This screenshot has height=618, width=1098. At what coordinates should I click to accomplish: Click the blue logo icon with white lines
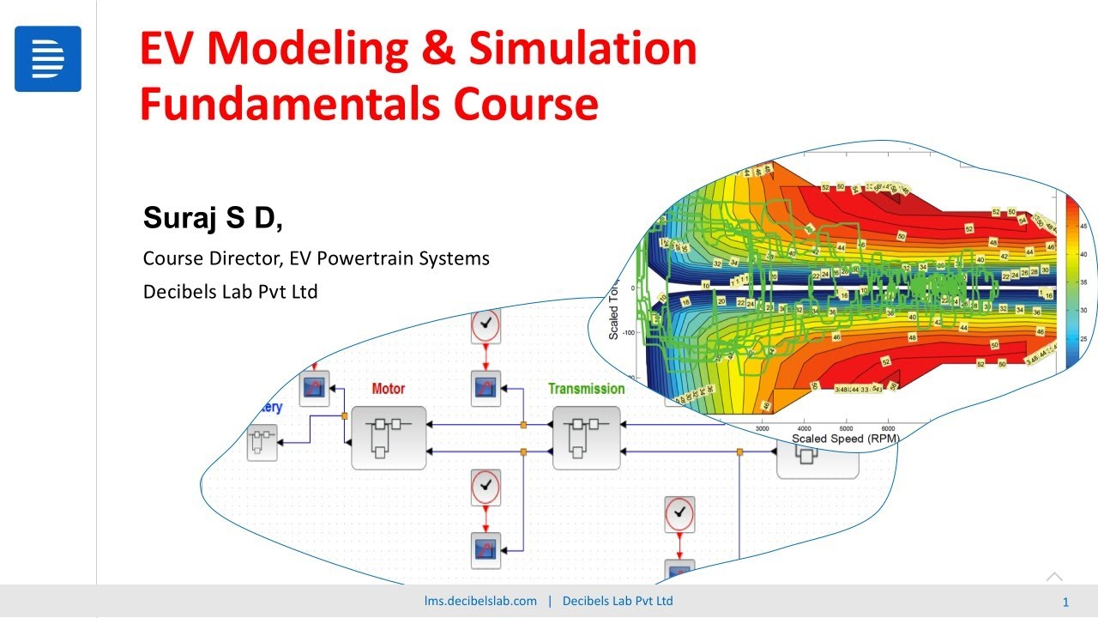pyautogui.click(x=48, y=58)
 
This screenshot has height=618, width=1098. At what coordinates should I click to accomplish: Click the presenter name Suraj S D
pyautogui.click(x=213, y=219)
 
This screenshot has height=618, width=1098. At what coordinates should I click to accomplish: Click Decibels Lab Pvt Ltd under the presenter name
pyautogui.click(x=230, y=292)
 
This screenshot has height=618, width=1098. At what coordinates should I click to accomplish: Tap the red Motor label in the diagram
pyautogui.click(x=388, y=389)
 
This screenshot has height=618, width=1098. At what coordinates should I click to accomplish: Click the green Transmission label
pyautogui.click(x=587, y=389)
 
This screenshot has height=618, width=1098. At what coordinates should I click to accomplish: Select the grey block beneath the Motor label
pyautogui.click(x=389, y=438)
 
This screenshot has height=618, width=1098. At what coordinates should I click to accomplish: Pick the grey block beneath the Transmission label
pyautogui.click(x=587, y=438)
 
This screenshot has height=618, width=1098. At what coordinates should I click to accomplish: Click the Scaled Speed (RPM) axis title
pyautogui.click(x=846, y=439)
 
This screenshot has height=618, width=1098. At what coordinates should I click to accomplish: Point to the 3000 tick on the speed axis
pyautogui.click(x=762, y=427)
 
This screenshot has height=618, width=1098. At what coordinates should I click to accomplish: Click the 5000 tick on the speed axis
pyautogui.click(x=846, y=427)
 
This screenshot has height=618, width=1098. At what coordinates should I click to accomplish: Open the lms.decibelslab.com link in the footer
pyautogui.click(x=480, y=601)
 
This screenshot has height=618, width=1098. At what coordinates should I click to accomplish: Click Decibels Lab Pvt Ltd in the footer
pyautogui.click(x=618, y=601)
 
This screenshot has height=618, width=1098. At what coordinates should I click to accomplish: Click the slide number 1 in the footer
pyautogui.click(x=1065, y=602)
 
